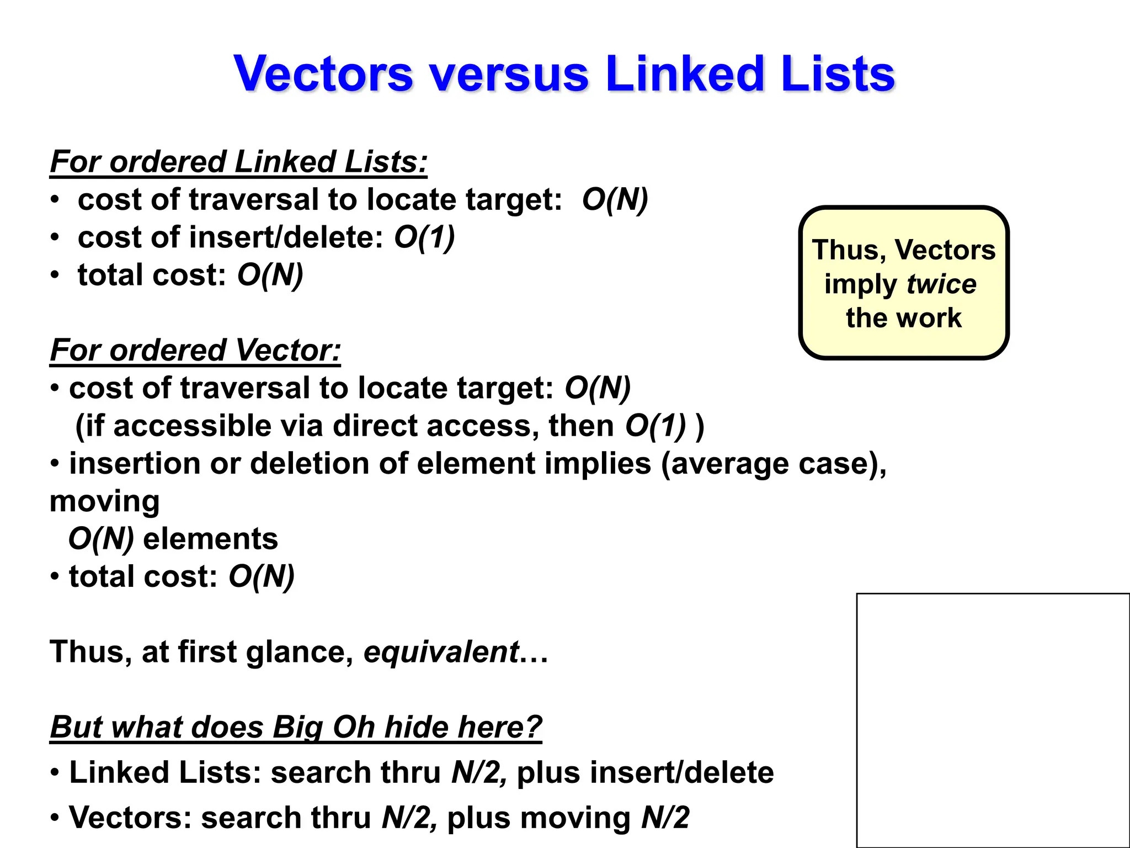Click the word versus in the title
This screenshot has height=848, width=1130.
click(x=509, y=75)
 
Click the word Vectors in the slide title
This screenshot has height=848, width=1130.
click(x=323, y=75)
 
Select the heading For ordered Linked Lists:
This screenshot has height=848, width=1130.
click(x=238, y=162)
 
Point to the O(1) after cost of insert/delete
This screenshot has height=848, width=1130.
click(x=424, y=237)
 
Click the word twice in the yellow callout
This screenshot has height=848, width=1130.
click(x=941, y=284)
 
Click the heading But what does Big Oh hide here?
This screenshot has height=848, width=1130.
click(x=296, y=727)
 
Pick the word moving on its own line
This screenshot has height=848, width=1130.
click(x=105, y=501)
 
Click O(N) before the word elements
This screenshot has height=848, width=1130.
click(x=101, y=539)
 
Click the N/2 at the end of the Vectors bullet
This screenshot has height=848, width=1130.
click(x=665, y=818)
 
